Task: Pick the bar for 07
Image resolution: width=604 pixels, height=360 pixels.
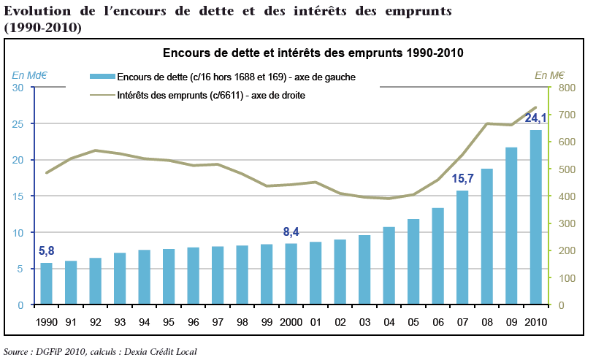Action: point(462,248)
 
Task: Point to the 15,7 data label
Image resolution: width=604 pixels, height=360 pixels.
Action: point(463,179)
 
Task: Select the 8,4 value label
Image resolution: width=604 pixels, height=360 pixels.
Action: point(291,232)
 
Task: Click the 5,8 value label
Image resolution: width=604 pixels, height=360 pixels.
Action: point(47,251)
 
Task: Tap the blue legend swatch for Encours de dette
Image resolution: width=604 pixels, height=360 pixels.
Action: point(102,77)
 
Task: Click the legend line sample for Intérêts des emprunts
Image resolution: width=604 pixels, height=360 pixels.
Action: point(102,95)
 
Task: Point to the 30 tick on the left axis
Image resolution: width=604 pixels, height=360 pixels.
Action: point(18,88)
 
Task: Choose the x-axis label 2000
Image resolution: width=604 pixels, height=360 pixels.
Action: point(291,322)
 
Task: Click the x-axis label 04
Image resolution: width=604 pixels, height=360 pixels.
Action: point(389,322)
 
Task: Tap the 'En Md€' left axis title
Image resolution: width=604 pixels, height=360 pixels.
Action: point(28,74)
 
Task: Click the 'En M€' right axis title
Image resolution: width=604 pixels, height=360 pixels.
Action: point(549,74)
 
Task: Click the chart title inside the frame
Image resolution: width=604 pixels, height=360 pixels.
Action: point(313,53)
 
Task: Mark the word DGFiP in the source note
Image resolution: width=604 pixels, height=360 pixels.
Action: point(50,351)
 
